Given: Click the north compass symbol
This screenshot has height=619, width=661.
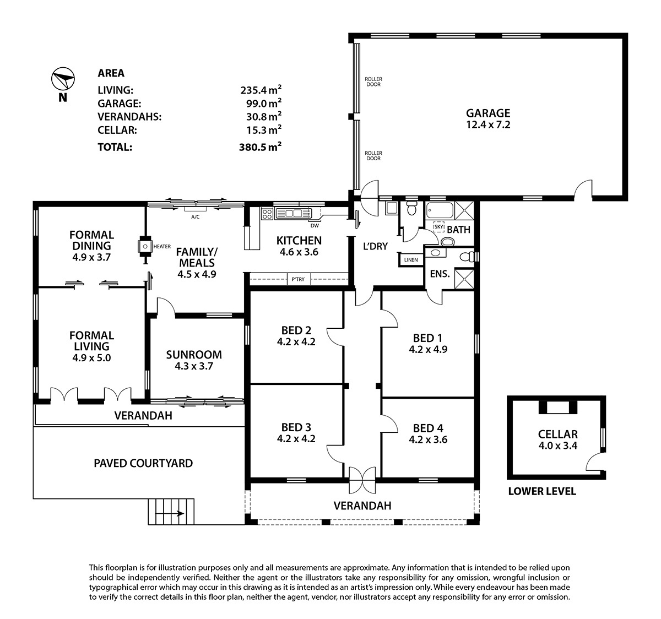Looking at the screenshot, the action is (x=63, y=79).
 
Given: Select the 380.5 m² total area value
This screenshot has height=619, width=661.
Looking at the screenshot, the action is (x=261, y=146).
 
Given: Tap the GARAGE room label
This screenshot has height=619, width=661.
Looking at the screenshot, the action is (x=488, y=113).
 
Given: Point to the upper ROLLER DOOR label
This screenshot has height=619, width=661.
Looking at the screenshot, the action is (x=373, y=82).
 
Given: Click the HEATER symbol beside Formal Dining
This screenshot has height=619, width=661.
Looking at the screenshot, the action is (x=145, y=247).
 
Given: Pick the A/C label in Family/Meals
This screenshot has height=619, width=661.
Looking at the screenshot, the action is (x=196, y=217).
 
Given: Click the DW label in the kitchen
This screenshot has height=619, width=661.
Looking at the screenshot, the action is (x=315, y=226).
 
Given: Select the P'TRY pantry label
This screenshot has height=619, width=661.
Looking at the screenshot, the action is (x=298, y=279).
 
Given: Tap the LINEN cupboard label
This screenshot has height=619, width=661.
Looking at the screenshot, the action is (x=411, y=260).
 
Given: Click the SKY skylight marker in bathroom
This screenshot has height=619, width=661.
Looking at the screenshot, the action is (x=438, y=227).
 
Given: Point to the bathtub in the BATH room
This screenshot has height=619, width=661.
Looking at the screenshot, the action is (x=440, y=210).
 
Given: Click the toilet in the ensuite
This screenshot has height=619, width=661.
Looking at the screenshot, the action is (x=467, y=257).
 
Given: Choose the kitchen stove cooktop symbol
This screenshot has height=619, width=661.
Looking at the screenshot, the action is (x=267, y=213).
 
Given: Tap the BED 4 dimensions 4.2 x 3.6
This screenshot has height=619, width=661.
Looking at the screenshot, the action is (x=428, y=439).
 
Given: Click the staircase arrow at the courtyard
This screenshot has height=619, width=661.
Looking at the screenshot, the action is (x=170, y=513).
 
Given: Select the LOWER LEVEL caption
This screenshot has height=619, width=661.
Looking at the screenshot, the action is (x=542, y=491).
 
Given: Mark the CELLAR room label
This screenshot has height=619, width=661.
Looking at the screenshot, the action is (x=558, y=434).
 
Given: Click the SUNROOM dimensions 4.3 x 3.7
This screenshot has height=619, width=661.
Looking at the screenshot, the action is (x=194, y=366).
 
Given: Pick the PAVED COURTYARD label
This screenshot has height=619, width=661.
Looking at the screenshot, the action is (x=143, y=463).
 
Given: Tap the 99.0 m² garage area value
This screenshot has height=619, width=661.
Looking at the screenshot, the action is (x=264, y=103).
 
